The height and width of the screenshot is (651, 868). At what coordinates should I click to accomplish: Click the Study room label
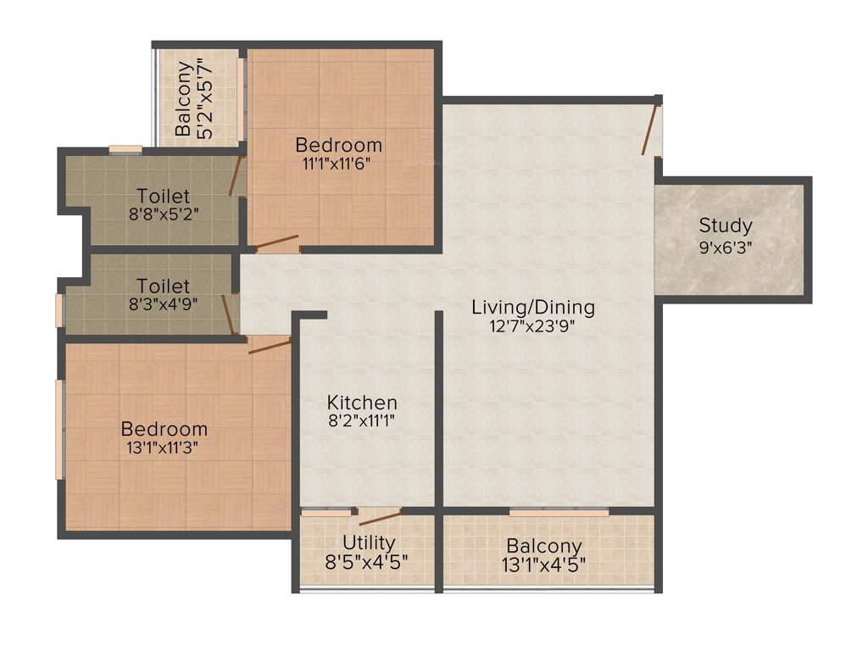coord(726,226)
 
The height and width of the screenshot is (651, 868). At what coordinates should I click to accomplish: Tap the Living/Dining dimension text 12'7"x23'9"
coord(533,328)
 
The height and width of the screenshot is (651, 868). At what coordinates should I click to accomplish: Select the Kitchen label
coord(362,403)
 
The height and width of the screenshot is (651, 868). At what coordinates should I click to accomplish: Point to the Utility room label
coord(368,542)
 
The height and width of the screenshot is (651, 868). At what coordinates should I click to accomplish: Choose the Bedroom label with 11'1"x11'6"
coord(338,144)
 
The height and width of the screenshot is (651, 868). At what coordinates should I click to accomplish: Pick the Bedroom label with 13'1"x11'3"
coord(164,429)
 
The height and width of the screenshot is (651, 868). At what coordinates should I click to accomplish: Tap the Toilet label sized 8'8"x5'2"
coord(163,197)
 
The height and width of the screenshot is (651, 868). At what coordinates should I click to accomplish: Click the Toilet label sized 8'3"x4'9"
coord(163,287)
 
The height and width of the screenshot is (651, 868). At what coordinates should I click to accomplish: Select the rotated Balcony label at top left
coord(183,97)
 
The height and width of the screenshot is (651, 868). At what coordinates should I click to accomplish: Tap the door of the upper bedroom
coord(277,242)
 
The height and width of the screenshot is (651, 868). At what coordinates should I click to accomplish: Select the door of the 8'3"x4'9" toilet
coord(227,314)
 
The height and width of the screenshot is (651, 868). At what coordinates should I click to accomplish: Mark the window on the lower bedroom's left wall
coord(58,429)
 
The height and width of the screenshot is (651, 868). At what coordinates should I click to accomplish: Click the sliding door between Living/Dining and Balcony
coord(559,513)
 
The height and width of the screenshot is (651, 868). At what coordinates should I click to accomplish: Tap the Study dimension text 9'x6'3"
coord(726,248)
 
